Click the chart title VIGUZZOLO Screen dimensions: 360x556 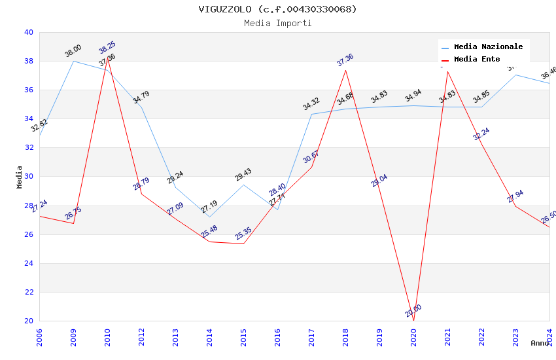278,9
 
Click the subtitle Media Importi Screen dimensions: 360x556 278,23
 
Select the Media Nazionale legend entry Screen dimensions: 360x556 488,47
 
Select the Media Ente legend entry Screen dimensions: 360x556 477,60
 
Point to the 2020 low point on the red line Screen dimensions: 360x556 413,321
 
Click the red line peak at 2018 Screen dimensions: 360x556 345,70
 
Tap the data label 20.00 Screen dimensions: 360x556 413,311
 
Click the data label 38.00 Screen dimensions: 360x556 73,50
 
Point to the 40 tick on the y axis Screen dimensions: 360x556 29,32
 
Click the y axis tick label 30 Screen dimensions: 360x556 29,177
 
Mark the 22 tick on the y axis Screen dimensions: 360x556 29,292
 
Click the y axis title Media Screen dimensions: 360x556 20,177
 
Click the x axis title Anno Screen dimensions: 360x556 540,343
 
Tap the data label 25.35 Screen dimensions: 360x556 243,234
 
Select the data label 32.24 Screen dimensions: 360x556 481,134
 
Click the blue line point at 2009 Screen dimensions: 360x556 73,61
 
